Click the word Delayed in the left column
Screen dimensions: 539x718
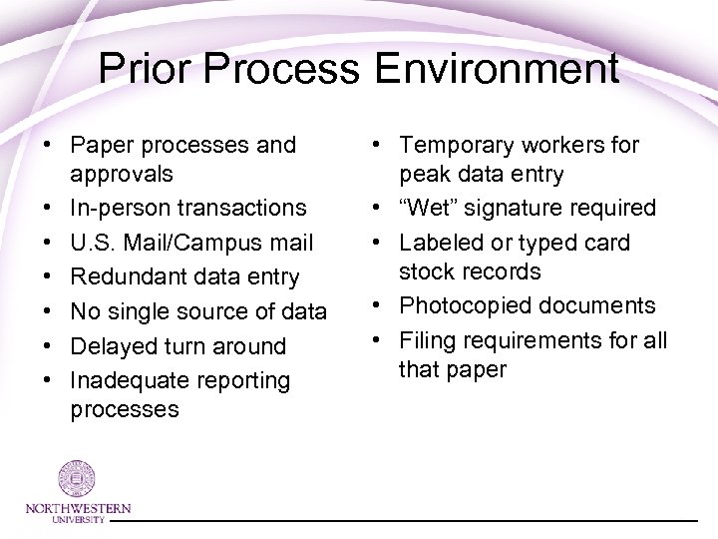pyautogui.click(x=113, y=346)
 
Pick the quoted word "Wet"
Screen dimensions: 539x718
pyautogui.click(x=427, y=208)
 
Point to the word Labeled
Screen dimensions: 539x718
pyautogui.click(x=439, y=243)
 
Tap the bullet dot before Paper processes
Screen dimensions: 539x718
pyautogui.click(x=47, y=146)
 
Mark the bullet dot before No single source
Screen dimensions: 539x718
pyautogui.click(x=47, y=312)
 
